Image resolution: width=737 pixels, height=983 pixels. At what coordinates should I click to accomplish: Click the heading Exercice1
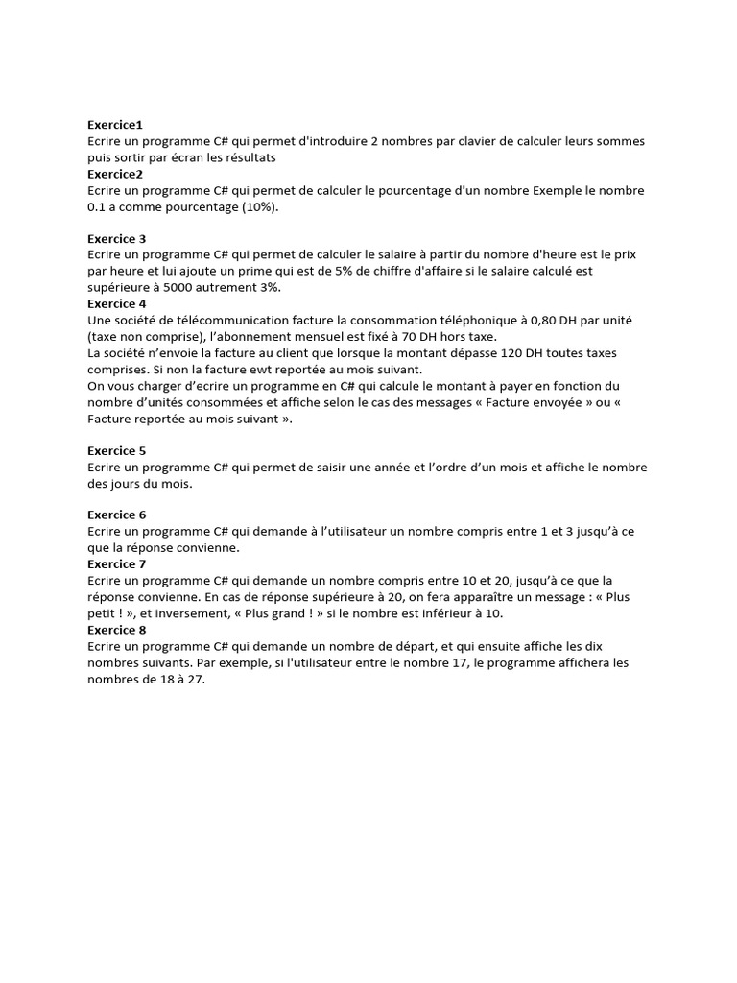[x=115, y=125]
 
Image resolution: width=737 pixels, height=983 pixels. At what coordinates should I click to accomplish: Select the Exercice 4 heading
[x=117, y=303]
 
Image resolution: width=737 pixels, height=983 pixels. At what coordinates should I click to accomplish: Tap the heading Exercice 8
[x=117, y=630]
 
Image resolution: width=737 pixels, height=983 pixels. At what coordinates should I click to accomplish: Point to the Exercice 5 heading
[x=117, y=450]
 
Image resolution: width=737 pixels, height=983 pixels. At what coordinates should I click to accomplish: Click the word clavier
[x=469, y=141]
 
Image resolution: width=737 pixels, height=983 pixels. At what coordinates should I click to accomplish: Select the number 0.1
[x=98, y=206]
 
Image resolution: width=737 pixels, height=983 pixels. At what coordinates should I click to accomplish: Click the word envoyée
[x=535, y=401]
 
